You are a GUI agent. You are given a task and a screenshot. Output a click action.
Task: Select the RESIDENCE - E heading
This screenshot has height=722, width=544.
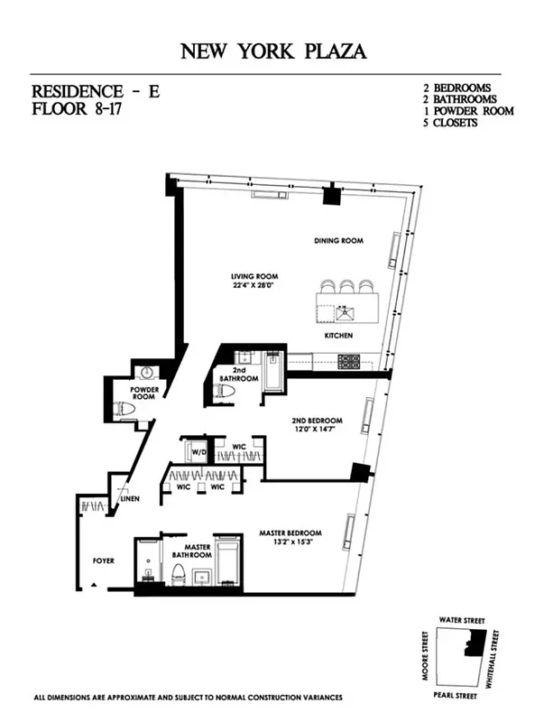[x=95, y=91]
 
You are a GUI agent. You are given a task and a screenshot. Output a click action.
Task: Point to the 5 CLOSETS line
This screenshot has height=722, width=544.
[x=451, y=123]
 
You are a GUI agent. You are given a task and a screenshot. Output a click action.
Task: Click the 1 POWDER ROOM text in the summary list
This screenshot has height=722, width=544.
[x=468, y=111]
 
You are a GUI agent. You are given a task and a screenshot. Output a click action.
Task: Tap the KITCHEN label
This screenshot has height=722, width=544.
[x=338, y=336]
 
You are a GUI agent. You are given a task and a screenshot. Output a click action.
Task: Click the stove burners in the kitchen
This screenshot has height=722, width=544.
[x=349, y=362]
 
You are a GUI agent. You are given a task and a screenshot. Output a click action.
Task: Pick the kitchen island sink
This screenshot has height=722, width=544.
[x=344, y=313]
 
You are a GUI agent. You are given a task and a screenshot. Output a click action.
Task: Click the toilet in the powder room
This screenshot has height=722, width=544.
[x=125, y=409]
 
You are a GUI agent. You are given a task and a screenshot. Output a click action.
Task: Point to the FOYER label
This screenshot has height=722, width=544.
[x=104, y=560]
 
